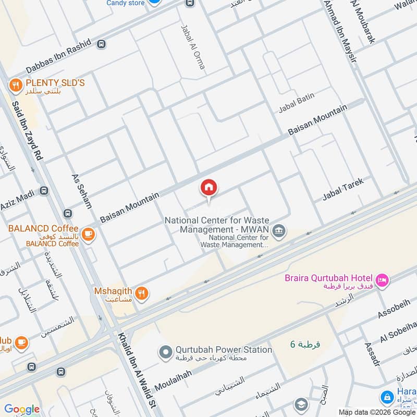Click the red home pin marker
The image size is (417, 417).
[x=209, y=187]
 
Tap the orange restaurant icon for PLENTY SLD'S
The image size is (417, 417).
[x=16, y=83]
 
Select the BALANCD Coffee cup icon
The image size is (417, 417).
[x=89, y=233]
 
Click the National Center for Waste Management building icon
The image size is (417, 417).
[x=279, y=230]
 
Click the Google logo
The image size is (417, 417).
[x=21, y=409]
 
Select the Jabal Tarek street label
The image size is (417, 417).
[x=342, y=189]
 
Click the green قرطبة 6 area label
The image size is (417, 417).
[x=305, y=345]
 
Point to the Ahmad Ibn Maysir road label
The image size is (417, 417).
[x=340, y=31]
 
